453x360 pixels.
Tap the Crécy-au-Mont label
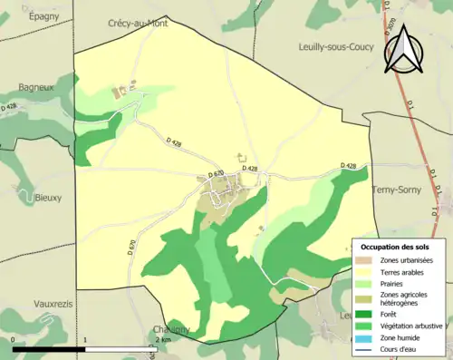pos(144,23)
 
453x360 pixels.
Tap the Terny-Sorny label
pos(397,190)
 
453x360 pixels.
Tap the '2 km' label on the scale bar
pos(163,339)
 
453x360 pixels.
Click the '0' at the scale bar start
pos(14,339)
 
